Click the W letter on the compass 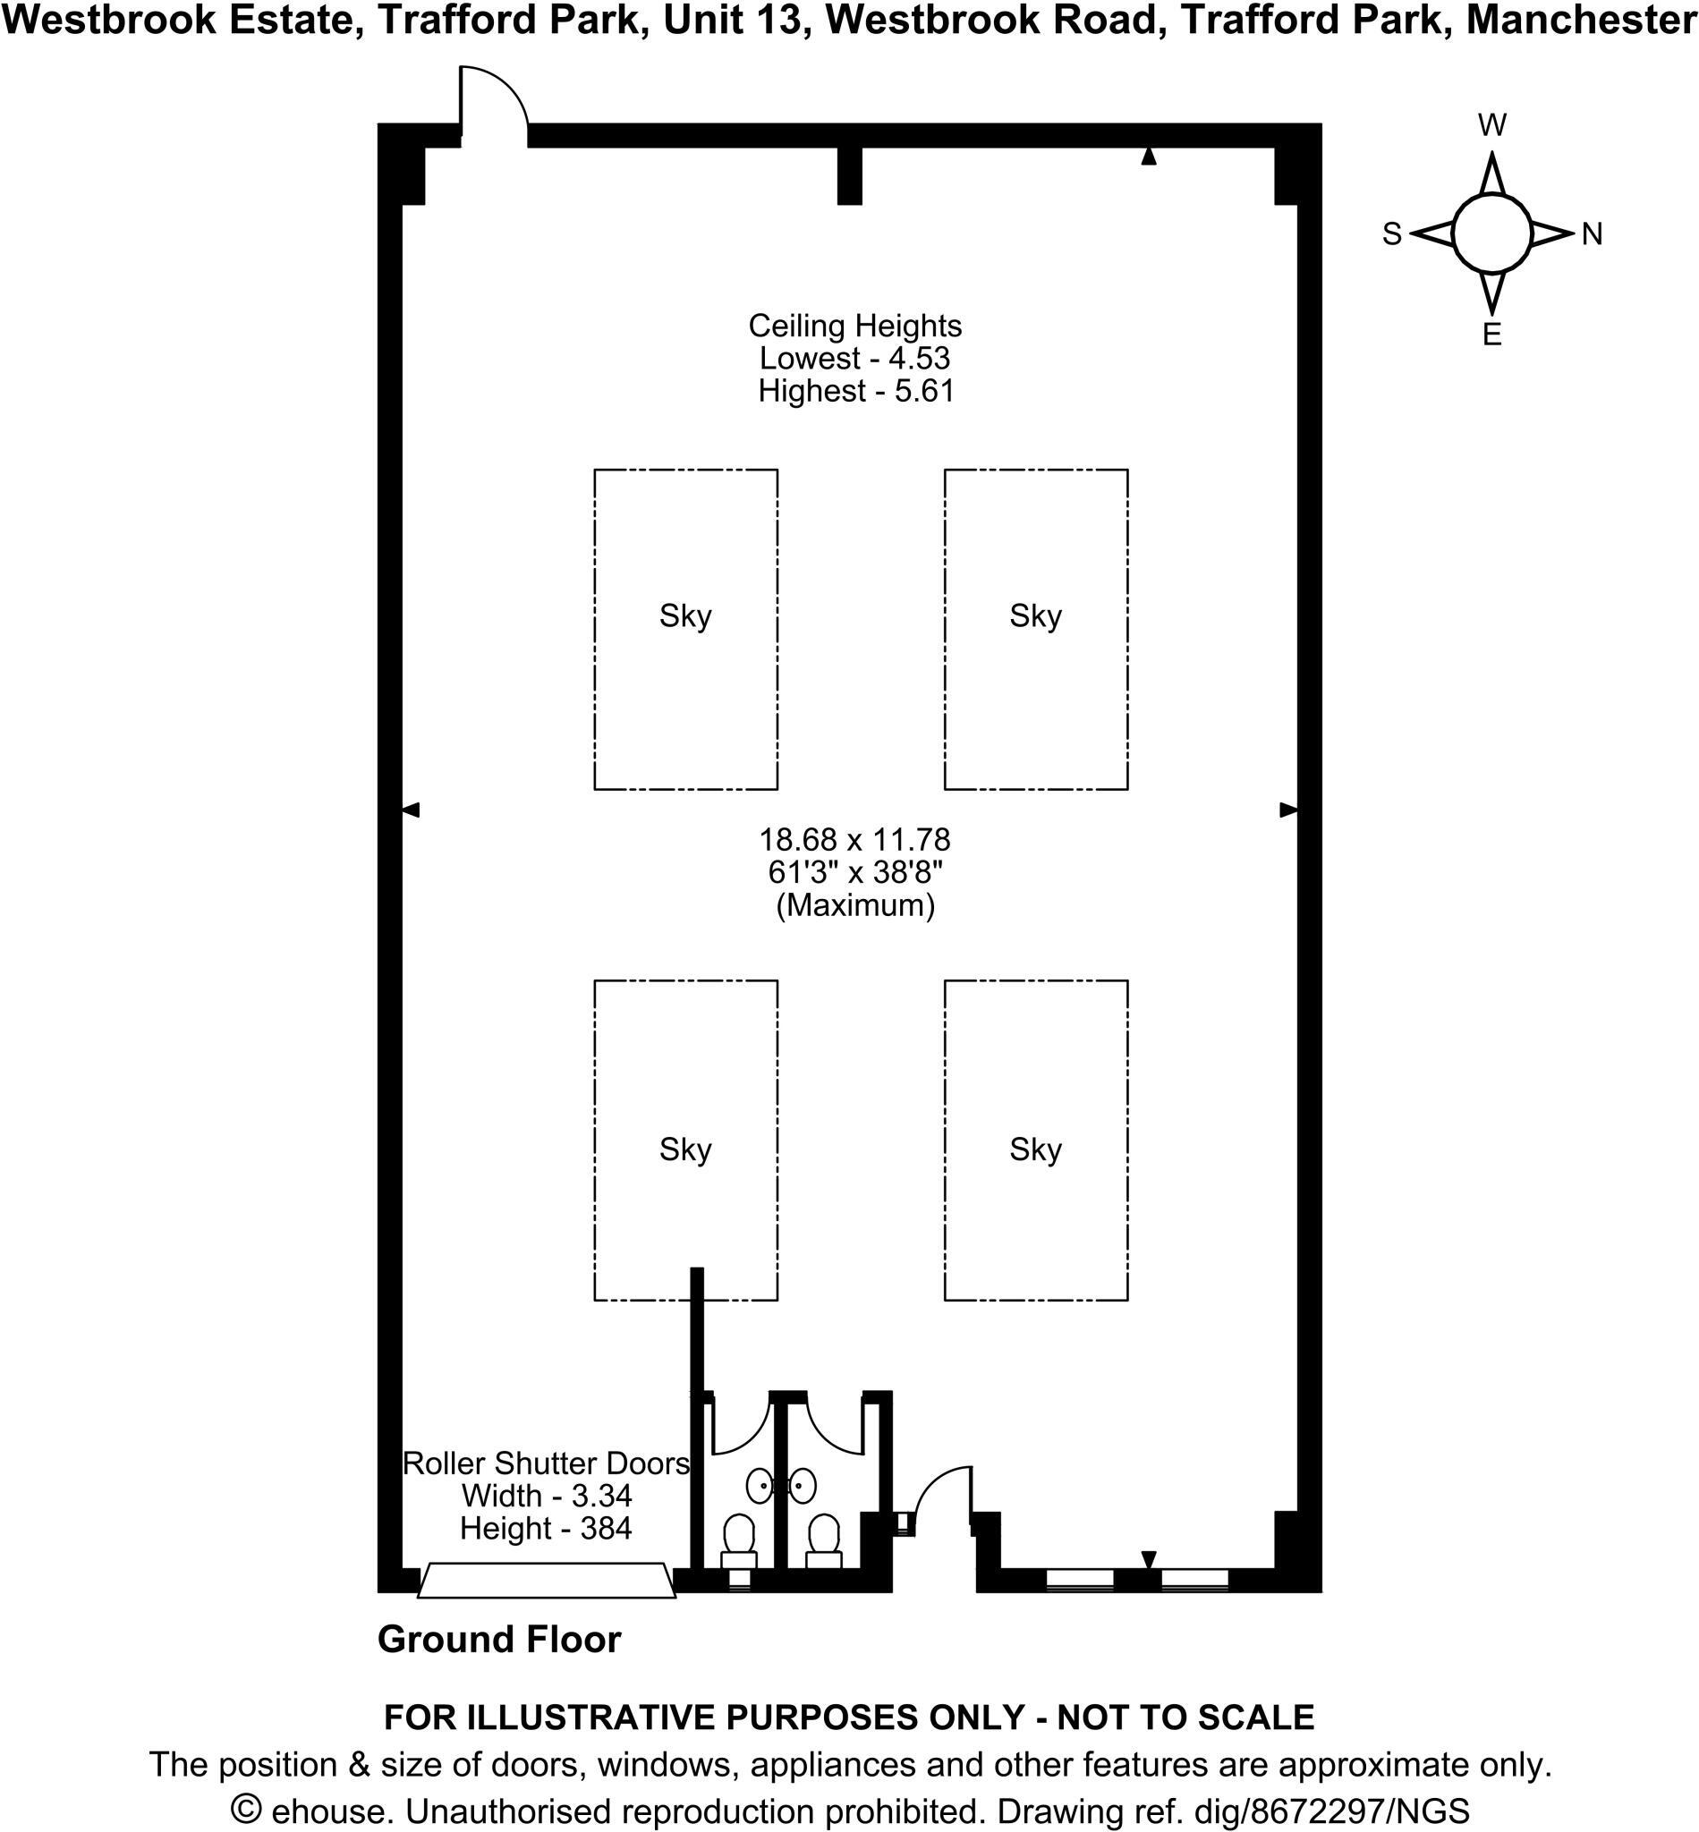(1492, 125)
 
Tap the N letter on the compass (1593, 234)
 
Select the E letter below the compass (1492, 335)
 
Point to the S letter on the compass (1392, 234)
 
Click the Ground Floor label (499, 1640)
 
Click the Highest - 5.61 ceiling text (856, 391)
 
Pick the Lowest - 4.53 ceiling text (854, 358)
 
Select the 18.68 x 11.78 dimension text (854, 839)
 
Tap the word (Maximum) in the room (855, 905)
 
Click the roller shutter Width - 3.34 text (546, 1496)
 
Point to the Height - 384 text (545, 1529)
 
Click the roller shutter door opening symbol (547, 1580)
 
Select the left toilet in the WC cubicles (739, 1539)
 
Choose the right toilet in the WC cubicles (824, 1539)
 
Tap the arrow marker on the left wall (411, 810)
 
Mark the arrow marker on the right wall (1289, 810)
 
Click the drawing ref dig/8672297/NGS (1331, 1811)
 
